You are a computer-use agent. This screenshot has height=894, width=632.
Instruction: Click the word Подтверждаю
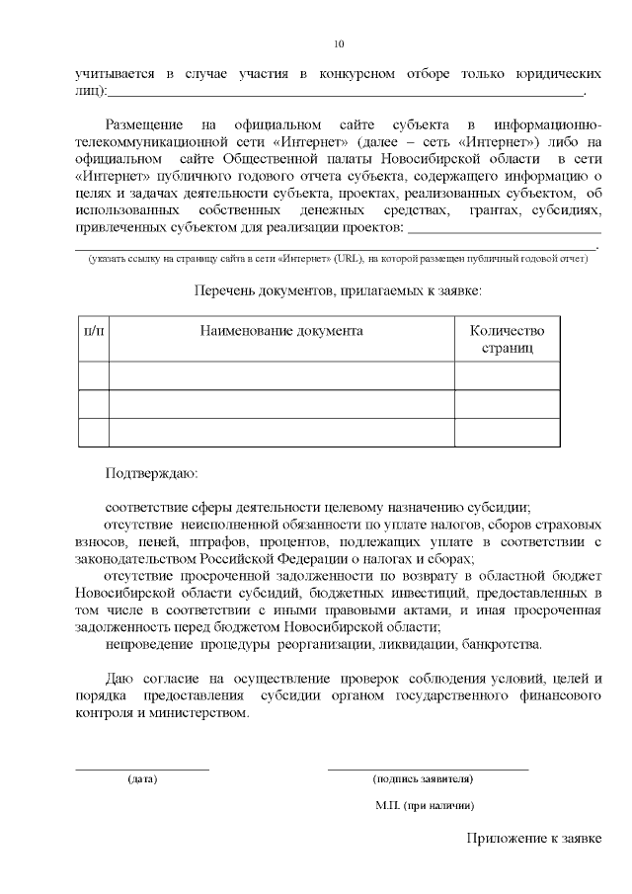(x=151, y=473)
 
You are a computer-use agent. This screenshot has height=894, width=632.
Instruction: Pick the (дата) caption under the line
(x=142, y=778)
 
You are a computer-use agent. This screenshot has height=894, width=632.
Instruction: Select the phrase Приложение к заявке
(x=534, y=840)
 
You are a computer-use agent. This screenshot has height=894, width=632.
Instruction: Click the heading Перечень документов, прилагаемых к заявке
(x=338, y=291)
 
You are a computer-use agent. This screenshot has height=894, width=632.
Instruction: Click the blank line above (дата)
(x=142, y=768)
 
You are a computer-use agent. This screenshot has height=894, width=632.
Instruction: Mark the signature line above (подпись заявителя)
(x=428, y=768)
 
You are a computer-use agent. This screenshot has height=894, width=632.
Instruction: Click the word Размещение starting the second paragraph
(x=144, y=125)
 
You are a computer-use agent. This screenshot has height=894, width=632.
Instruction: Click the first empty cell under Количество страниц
(x=507, y=375)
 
